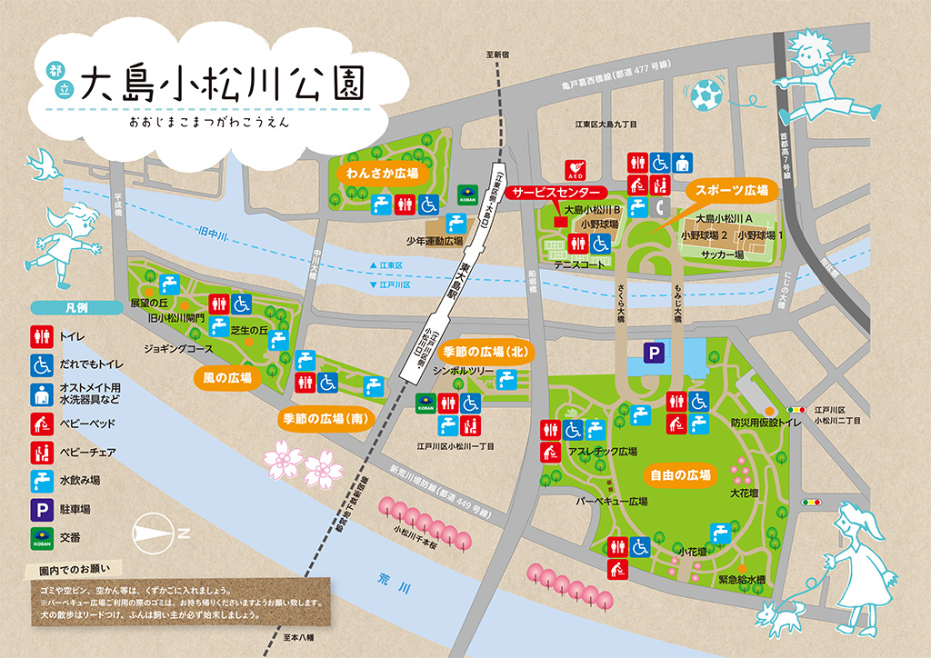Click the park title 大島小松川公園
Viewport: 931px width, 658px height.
click(223, 85)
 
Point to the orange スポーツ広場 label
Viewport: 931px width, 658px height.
click(732, 192)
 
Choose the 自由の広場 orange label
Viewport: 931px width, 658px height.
click(680, 474)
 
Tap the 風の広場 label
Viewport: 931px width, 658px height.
click(226, 375)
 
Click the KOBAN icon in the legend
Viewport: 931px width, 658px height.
click(42, 536)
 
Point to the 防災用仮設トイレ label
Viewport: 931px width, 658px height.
click(766, 423)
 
